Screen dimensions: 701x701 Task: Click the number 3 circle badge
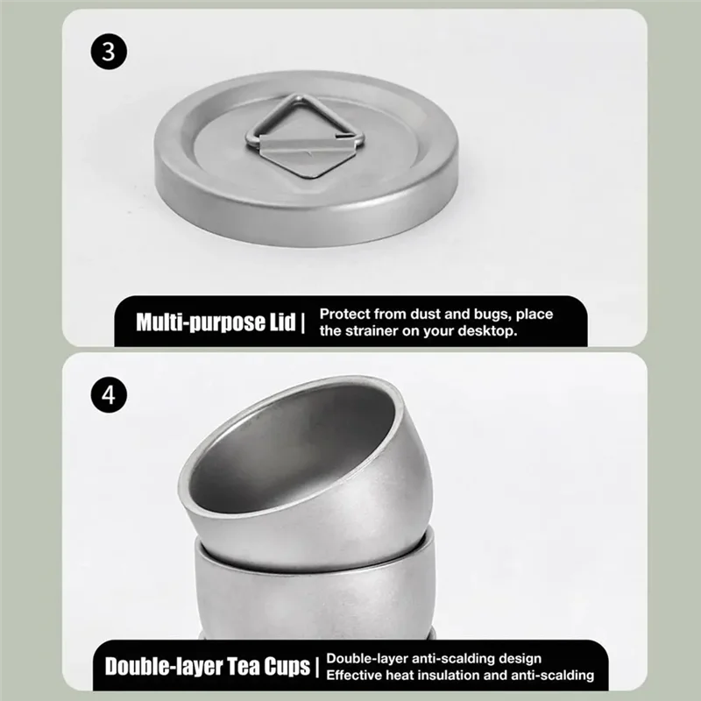pyautogui.click(x=108, y=51)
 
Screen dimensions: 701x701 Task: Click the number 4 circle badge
pyautogui.click(x=108, y=394)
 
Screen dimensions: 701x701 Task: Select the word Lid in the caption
pyautogui.click(x=280, y=322)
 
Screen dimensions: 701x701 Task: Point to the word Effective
pyautogui.click(x=356, y=676)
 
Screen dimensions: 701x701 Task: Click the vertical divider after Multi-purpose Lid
pyautogui.click(x=303, y=322)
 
